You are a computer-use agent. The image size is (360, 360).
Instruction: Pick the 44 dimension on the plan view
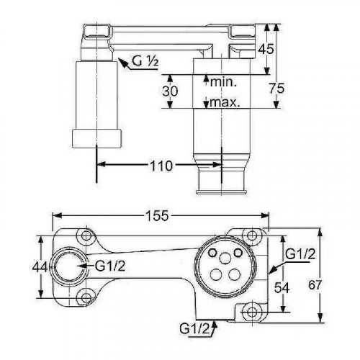coord(40,266)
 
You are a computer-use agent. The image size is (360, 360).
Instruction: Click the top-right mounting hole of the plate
coord(251,235)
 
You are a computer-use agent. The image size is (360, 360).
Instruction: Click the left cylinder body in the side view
coord(95,94)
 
